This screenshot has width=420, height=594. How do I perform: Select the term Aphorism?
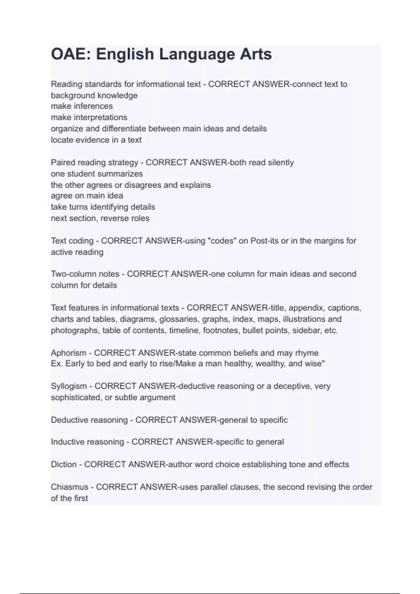[69, 353]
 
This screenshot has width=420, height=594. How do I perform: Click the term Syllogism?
[69, 386]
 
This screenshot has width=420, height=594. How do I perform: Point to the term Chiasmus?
[70, 487]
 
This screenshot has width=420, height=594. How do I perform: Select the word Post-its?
[264, 241]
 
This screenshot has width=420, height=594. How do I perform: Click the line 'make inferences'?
[82, 106]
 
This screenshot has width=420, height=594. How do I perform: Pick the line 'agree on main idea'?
[87, 196]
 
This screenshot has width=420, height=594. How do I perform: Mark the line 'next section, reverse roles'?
[100, 218]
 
